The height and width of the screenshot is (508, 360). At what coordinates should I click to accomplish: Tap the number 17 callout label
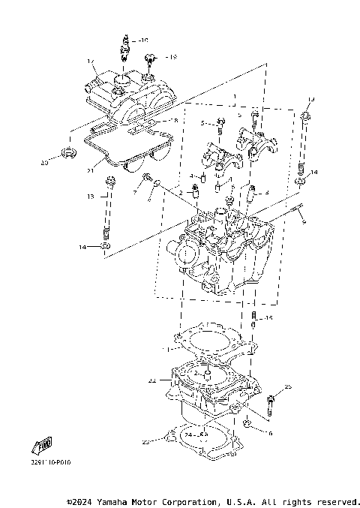(89, 61)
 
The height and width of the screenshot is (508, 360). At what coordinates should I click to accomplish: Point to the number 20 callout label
(44, 163)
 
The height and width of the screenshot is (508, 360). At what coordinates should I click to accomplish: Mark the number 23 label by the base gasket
(145, 442)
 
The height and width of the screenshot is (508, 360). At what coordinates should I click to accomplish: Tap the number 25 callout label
(288, 386)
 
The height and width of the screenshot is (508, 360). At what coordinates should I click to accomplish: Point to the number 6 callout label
(269, 433)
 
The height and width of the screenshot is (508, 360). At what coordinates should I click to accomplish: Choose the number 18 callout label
(174, 120)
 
